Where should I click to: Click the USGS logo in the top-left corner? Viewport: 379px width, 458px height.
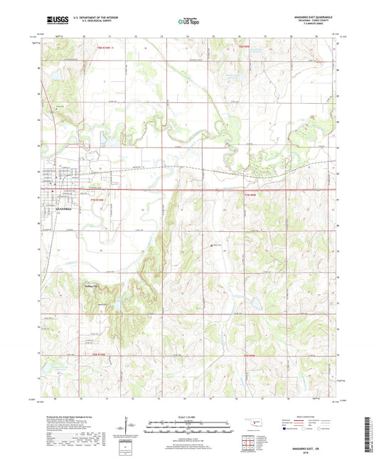[x=53, y=21]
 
